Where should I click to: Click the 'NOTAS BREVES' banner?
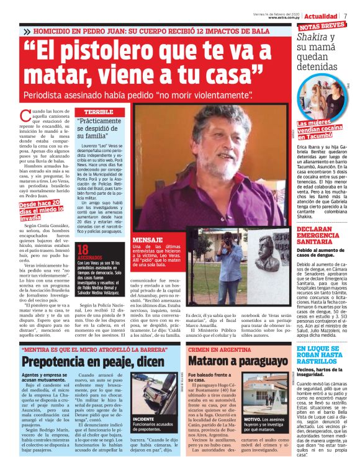pos(322,27)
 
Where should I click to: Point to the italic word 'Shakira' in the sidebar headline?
pos(312,37)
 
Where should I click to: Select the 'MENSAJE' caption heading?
pos(148,239)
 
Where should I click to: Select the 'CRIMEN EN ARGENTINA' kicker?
pos(217,350)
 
